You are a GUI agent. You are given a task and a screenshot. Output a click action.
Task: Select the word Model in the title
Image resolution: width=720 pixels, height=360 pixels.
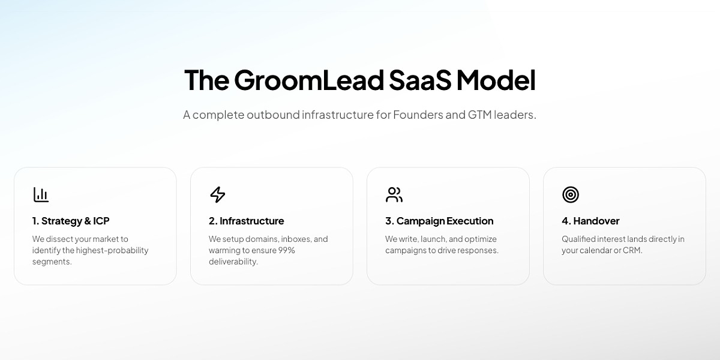(496, 80)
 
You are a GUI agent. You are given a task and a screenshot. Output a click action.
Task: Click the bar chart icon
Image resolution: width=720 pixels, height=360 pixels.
(41, 194)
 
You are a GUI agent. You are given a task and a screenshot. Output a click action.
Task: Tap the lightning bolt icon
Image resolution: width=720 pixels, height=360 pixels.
(217, 194)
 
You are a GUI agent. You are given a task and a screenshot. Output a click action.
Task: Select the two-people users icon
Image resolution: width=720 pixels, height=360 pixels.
(394, 194)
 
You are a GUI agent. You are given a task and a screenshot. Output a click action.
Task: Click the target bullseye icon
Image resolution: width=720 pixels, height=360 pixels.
(570, 194)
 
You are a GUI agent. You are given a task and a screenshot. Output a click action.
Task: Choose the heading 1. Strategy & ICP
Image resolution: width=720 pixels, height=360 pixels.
(71, 221)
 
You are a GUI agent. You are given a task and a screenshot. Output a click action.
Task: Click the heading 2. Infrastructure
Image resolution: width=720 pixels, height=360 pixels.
(247, 221)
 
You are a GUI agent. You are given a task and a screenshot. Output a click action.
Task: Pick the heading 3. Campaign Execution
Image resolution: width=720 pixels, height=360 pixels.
(439, 221)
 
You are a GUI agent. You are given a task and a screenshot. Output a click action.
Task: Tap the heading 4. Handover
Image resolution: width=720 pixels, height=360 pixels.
(590, 221)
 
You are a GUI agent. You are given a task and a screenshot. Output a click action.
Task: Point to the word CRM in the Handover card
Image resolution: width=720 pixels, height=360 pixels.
(631, 250)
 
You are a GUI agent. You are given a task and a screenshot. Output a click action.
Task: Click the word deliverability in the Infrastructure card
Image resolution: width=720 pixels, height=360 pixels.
(233, 262)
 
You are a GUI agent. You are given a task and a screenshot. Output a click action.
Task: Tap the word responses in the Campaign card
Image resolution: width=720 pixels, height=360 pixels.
(478, 250)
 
